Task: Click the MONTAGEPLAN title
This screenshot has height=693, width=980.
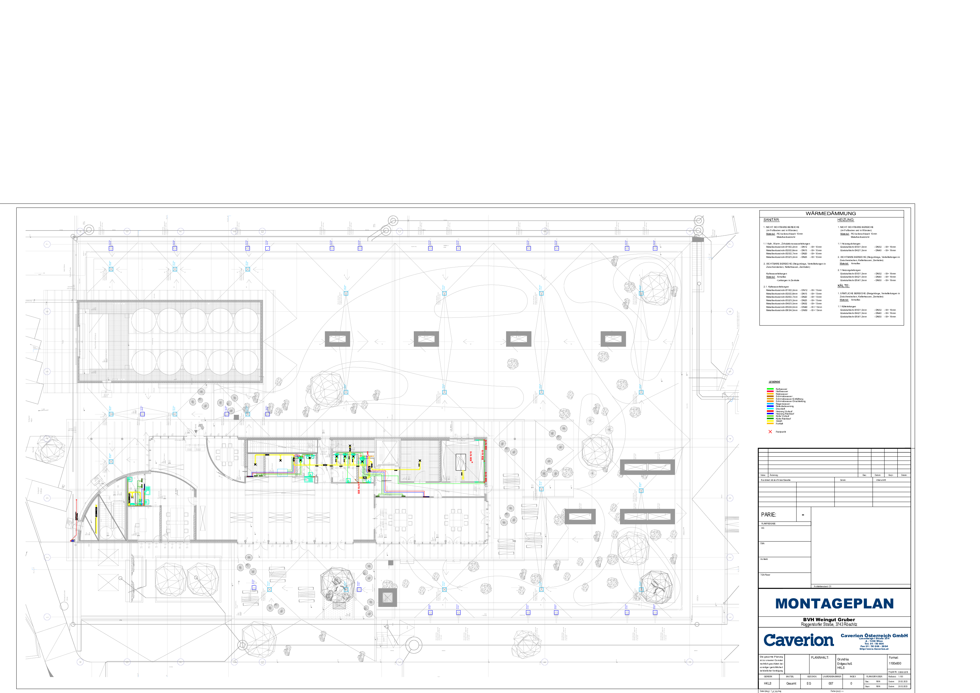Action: [834, 603]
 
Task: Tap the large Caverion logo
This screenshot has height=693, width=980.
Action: [798, 640]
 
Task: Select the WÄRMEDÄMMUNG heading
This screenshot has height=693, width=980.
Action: [831, 213]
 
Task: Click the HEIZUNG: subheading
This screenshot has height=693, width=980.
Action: [846, 220]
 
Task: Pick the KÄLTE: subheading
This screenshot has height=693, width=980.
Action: [843, 285]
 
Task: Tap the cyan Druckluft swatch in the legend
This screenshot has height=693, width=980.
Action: [770, 409]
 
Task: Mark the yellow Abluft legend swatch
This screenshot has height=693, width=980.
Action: [770, 421]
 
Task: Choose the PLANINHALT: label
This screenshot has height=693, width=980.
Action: [819, 658]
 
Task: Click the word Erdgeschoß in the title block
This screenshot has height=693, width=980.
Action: [845, 664]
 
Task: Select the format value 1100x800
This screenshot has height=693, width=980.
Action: [895, 664]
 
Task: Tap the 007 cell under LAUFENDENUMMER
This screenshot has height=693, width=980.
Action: [831, 683]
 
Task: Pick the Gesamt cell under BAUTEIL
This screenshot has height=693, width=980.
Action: [791, 683]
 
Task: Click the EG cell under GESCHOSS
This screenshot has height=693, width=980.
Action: [809, 683]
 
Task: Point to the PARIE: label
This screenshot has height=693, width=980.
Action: [768, 515]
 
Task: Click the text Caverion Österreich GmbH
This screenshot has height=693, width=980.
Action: [874, 635]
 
